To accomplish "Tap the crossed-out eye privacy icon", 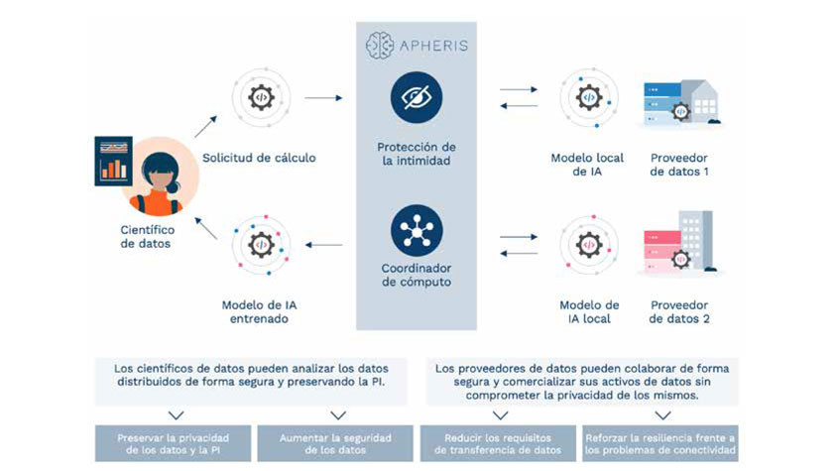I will (x=416, y=97).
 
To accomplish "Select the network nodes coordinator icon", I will (x=416, y=226).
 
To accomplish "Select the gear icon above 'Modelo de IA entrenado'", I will (x=260, y=243).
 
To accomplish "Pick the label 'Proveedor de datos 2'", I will (x=678, y=311).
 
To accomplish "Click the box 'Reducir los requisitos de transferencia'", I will (x=497, y=443).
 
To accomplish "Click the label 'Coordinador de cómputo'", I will (x=416, y=275).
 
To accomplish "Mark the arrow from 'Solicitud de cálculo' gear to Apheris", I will (x=323, y=98).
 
